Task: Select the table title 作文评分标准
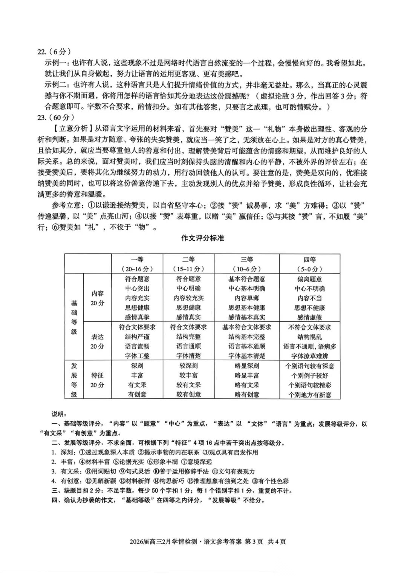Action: coord(203,238)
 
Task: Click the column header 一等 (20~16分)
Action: coord(137,264)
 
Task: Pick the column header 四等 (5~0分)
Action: coord(309,264)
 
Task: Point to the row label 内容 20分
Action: coord(97,298)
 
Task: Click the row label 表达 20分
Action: coord(97,341)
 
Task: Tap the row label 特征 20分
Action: coord(97,380)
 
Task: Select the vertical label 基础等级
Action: coord(74,317)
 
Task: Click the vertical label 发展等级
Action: coord(74,380)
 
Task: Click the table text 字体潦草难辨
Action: coord(309,356)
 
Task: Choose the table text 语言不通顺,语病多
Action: coord(309,346)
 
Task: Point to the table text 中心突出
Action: coord(137,289)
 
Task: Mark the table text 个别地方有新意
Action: coord(309,395)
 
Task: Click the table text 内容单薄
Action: coord(246,298)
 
